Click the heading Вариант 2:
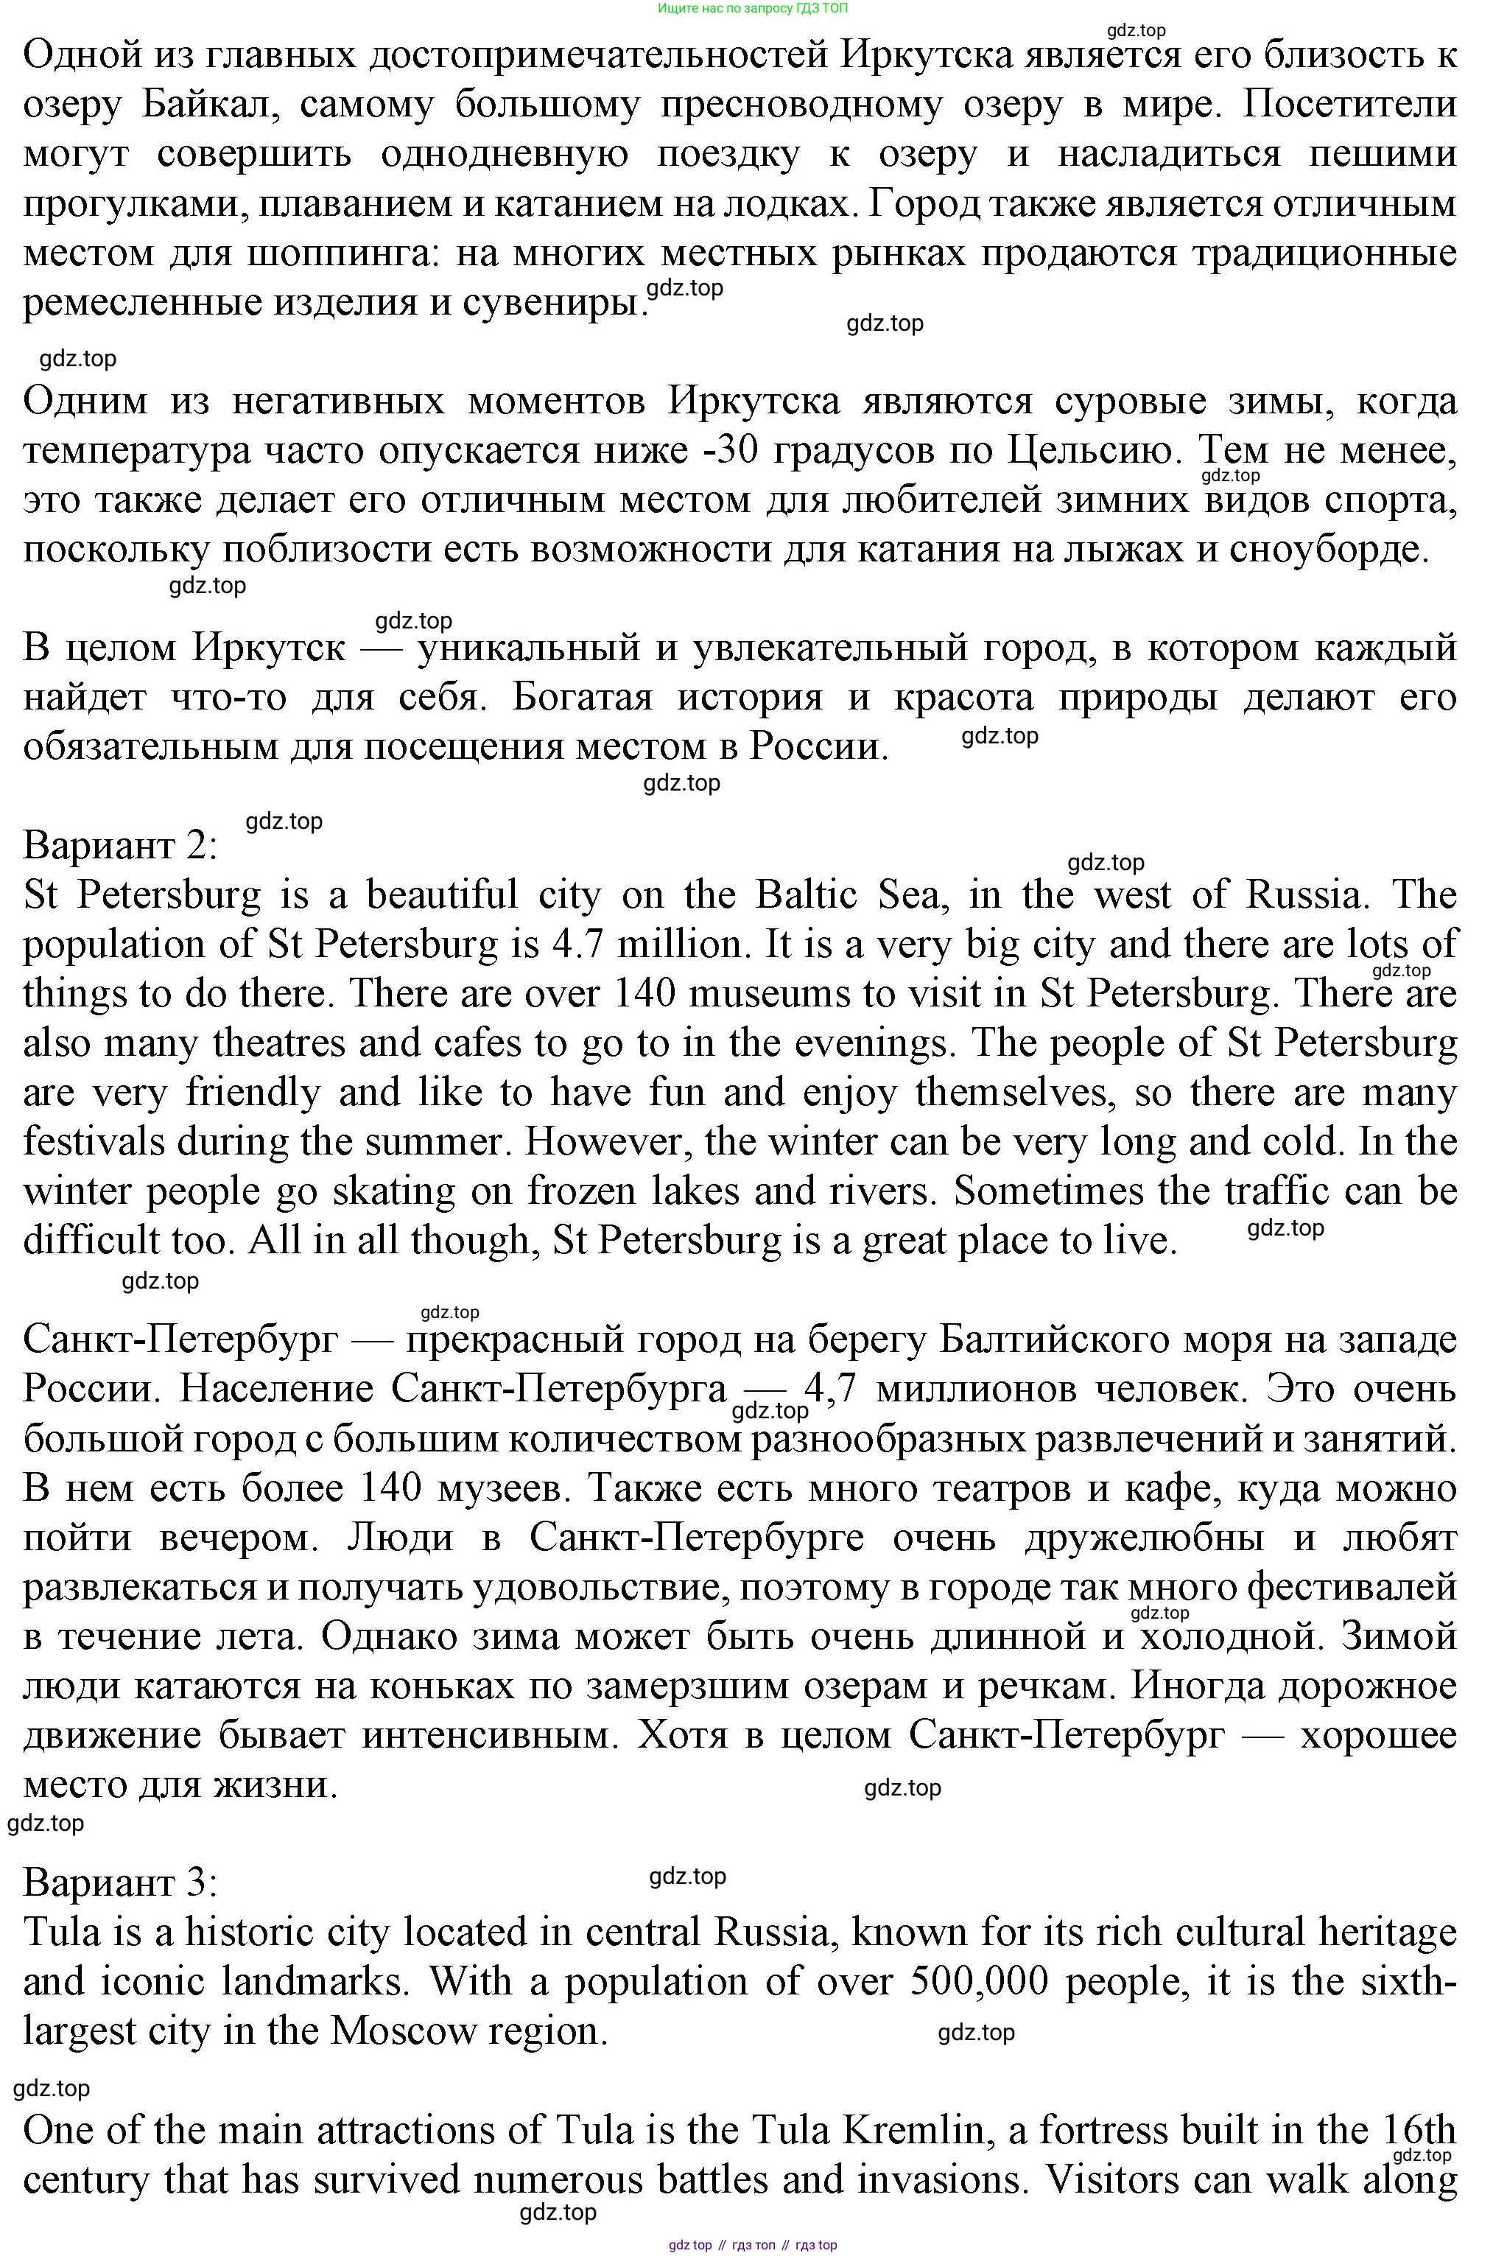tap(120, 846)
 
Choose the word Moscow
tap(404, 2031)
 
